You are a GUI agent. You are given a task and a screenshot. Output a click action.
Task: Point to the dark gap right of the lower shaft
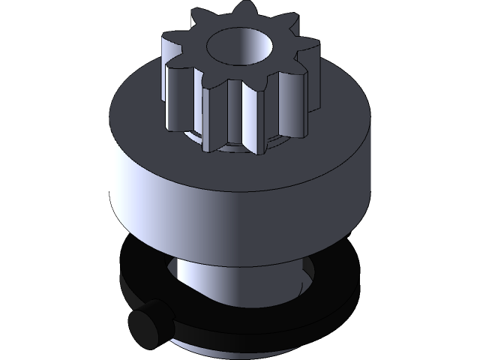[315, 274]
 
